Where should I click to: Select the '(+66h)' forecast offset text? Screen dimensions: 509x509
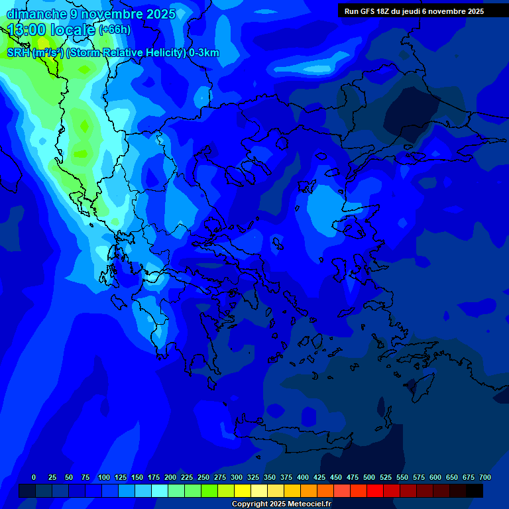(115, 30)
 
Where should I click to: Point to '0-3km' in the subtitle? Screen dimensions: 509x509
(203, 53)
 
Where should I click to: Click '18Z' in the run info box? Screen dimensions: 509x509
(384, 11)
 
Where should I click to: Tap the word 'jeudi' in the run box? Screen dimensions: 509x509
(418, 11)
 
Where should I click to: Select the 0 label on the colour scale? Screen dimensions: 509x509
(34, 477)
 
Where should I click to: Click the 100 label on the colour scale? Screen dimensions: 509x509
(104, 477)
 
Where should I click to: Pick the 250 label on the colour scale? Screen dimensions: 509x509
(203, 477)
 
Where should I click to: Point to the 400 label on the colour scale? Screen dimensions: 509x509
(303, 477)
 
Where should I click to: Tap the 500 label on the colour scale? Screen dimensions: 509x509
(369, 477)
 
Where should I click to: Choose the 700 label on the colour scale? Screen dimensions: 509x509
(485, 477)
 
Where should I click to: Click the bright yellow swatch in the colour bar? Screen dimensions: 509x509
(243, 491)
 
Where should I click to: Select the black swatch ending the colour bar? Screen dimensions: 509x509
(475, 491)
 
